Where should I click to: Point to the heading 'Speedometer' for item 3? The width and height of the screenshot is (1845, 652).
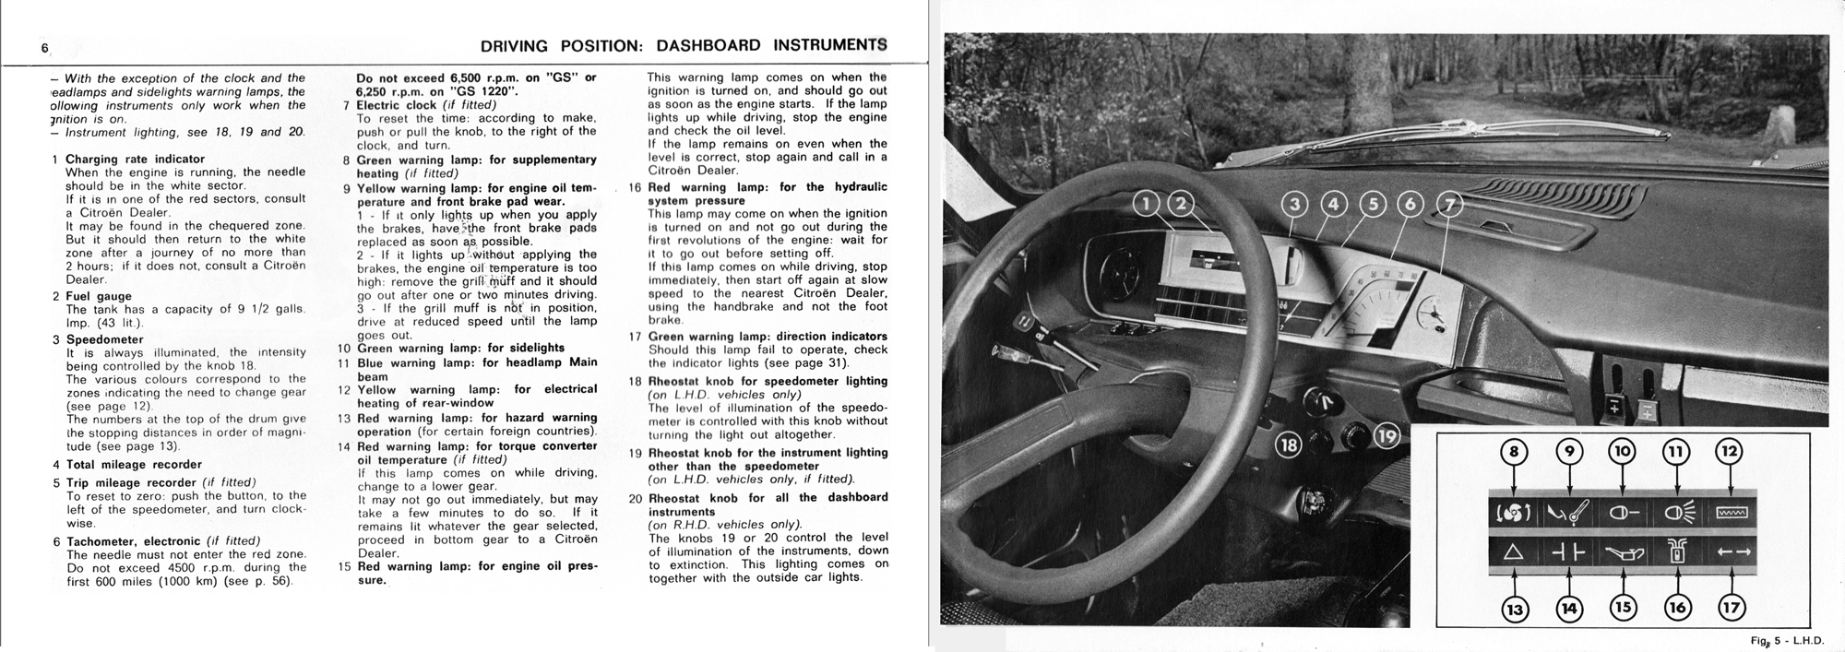tap(104, 339)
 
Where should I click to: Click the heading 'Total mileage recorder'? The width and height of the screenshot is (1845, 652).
tap(134, 465)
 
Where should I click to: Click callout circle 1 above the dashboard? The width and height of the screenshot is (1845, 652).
tap(1147, 204)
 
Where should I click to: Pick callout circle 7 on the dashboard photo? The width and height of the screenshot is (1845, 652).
tap(1449, 204)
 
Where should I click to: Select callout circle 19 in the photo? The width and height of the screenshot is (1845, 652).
tap(1387, 435)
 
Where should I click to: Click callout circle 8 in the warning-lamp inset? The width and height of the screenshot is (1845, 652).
tap(1514, 452)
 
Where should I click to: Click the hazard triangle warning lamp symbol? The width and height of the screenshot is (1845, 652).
tap(1514, 553)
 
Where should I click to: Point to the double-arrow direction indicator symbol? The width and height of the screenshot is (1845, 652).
tap(1732, 553)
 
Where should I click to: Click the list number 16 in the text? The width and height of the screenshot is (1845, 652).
tap(636, 187)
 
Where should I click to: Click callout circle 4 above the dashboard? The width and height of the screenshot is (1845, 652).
tap(1333, 204)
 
